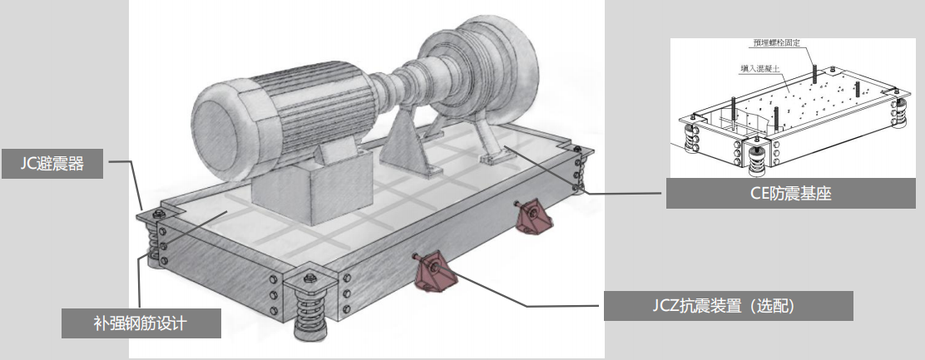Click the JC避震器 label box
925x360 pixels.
tap(52, 163)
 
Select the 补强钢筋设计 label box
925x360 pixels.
tap(141, 323)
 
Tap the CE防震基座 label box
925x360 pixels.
tap(790, 193)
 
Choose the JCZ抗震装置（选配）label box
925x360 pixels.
tap(728, 306)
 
